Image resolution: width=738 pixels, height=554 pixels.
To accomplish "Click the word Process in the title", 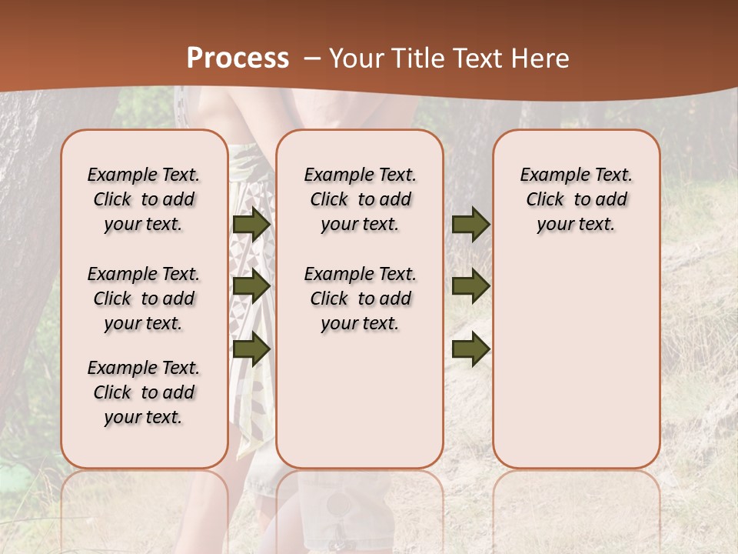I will click(x=238, y=58).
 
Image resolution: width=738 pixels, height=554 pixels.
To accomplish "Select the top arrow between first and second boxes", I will click(x=251, y=224).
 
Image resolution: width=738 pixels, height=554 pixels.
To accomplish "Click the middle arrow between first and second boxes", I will click(x=251, y=286).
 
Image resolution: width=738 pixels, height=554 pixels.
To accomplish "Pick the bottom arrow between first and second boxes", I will click(x=251, y=349).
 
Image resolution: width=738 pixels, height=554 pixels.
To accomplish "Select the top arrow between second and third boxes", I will click(x=470, y=224).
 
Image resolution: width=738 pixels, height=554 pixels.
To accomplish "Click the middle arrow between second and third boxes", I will click(x=470, y=286).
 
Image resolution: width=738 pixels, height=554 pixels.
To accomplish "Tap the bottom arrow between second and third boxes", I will click(x=470, y=349).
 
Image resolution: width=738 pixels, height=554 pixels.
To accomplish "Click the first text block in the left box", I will click(x=144, y=199).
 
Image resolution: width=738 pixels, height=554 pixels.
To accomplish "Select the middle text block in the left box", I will click(x=144, y=299).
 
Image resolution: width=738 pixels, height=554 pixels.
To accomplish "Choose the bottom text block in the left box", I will click(x=144, y=392).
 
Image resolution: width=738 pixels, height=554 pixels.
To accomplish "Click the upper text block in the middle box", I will click(x=360, y=199).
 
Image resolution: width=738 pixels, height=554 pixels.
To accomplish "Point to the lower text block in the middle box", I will click(x=360, y=299).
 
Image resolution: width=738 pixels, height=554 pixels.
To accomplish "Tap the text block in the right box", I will click(x=576, y=199).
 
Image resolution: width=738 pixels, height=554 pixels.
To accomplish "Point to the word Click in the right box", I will click(x=545, y=200).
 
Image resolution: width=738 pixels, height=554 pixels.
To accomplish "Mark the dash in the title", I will click(x=312, y=58).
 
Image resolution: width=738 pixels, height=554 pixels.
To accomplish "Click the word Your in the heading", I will click(x=354, y=58).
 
